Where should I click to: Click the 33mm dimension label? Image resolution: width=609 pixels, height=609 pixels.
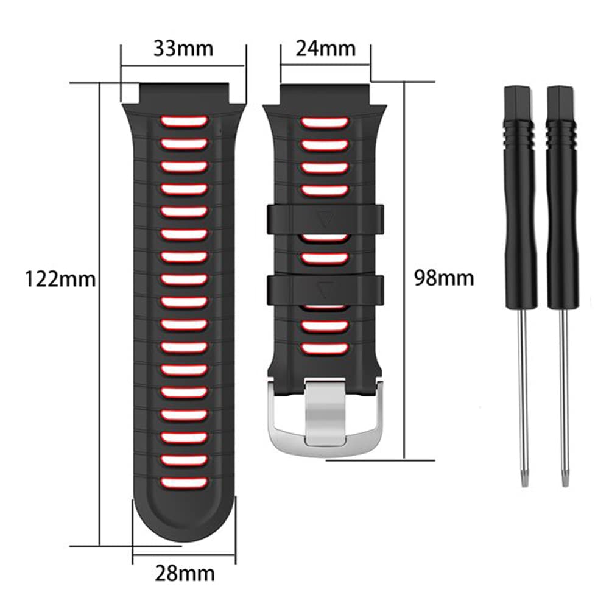pos(183,48)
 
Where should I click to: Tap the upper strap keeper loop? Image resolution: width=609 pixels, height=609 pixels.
pos(324,217)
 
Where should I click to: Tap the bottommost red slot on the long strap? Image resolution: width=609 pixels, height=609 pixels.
pos(183,482)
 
